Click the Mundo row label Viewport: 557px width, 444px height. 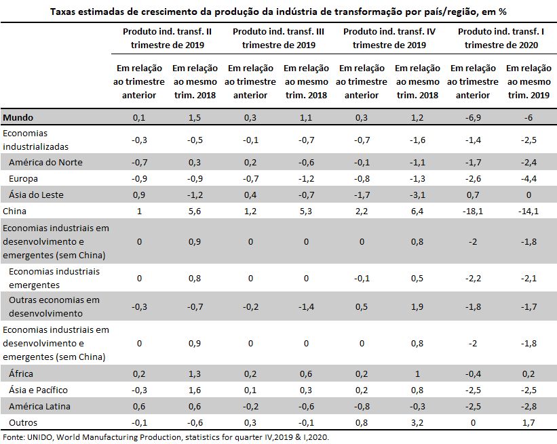coord(18,117)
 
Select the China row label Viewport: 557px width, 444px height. coord(14,211)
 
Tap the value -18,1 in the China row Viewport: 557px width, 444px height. coord(472,211)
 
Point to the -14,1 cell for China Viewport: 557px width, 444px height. coord(529,211)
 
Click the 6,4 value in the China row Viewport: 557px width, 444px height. coord(417,211)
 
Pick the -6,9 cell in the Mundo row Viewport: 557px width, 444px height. coord(473,117)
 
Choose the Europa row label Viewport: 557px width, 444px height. coord(24,178)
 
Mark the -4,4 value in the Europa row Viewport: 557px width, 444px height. coord(529,178)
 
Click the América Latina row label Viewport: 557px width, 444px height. coord(39,407)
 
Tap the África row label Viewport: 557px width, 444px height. coord(21,374)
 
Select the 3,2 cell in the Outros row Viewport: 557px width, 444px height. coord(417,423)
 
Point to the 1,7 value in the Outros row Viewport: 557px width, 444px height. coord(529,423)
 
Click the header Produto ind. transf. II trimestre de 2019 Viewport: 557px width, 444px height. coord(168,39)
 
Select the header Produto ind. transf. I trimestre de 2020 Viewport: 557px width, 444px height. coord(501,39)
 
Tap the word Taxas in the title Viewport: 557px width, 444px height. coord(63,12)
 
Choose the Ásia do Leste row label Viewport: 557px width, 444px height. coord(36,195)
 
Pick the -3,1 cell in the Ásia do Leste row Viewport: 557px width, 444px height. coord(417,195)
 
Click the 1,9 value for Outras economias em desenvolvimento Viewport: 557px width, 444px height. coord(417,306)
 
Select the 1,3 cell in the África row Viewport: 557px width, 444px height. coord(195,374)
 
